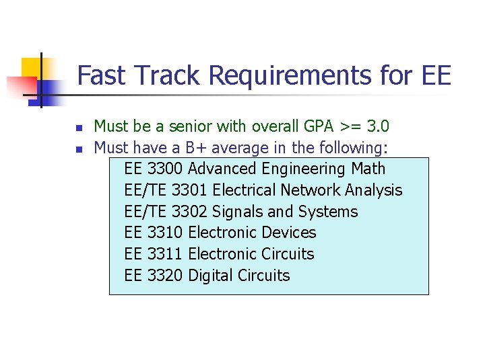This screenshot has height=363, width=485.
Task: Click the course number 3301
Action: pos(189,190)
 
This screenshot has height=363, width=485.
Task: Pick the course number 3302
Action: pos(189,212)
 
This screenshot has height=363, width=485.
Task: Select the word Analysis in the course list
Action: pos(373,190)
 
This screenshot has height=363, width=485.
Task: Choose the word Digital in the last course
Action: pos(211,276)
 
